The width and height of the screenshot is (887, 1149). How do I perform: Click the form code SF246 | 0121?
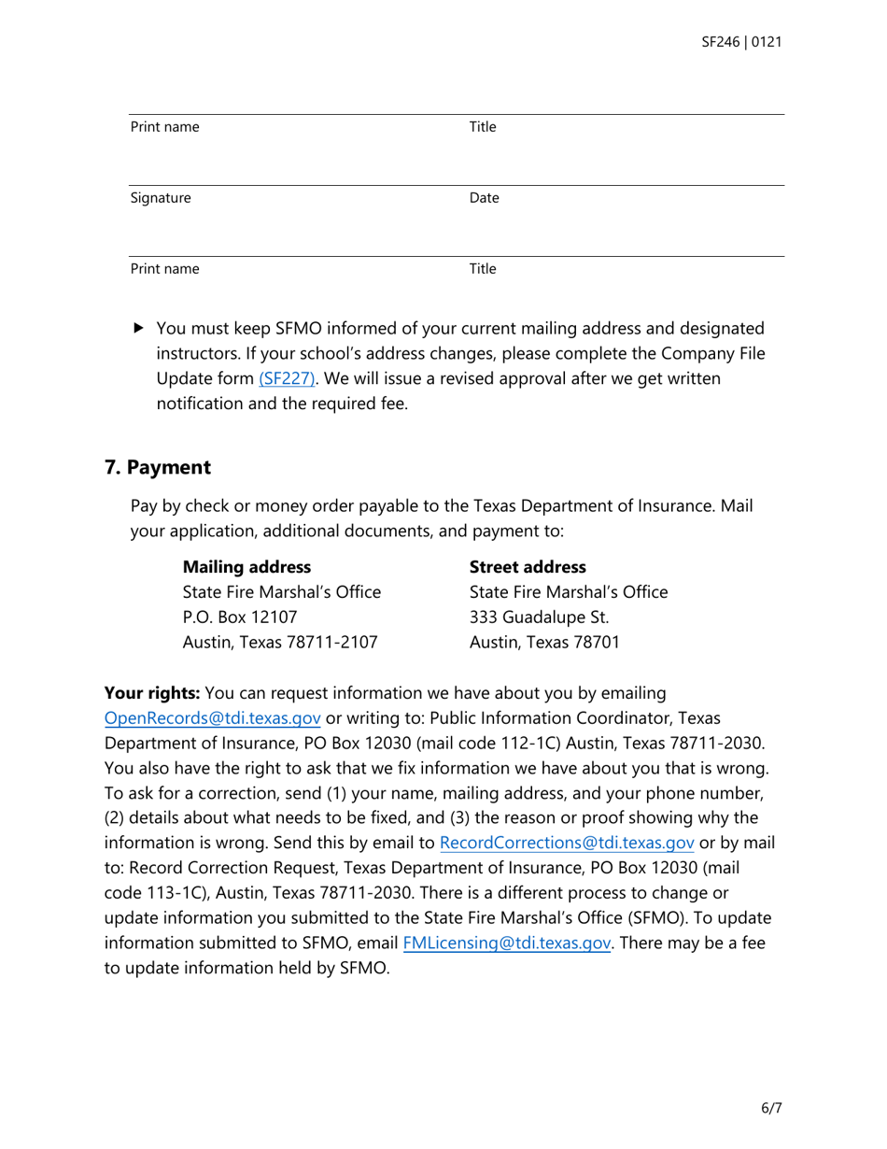740,42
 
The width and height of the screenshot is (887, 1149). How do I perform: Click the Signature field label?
161,198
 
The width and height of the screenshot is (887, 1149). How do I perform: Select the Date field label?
484,198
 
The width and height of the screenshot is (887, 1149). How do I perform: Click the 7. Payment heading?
157,466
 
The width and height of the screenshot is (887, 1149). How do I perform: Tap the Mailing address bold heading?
246,567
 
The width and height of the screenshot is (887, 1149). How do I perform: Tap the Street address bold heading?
528,567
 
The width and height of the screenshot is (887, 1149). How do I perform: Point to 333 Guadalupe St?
539,617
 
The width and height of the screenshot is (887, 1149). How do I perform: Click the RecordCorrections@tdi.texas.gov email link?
566,843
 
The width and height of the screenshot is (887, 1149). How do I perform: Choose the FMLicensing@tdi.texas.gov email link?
507,943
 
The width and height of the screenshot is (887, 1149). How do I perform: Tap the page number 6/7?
770,1109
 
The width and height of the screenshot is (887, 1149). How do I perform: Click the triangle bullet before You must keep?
139,329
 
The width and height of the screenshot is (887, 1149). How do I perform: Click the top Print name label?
164,127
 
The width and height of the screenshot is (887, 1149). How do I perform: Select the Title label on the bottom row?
482,270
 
